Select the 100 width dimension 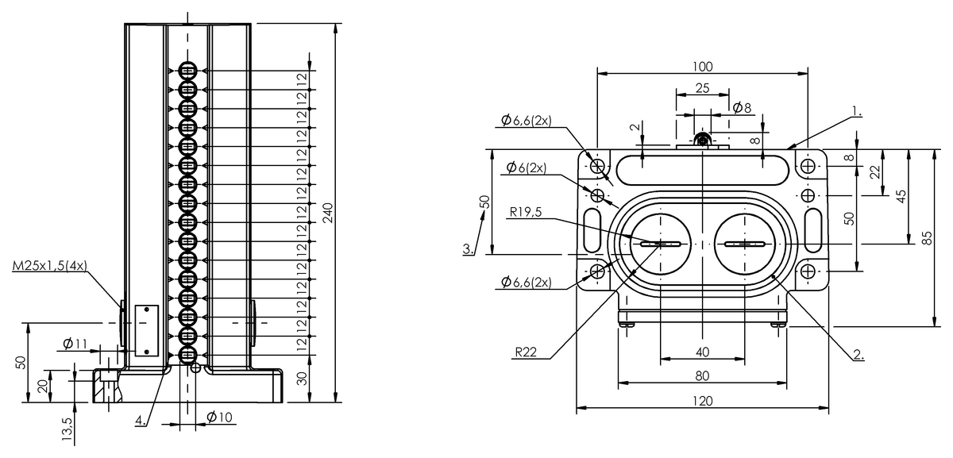703,66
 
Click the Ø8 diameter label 742,106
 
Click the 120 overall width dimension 703,402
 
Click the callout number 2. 858,355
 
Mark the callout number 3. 470,249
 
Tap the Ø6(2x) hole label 525,168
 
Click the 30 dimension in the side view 302,378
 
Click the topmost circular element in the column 187,71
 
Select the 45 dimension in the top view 901,196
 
